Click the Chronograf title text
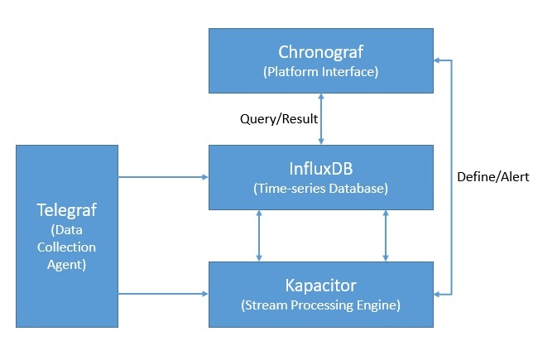[x=320, y=52]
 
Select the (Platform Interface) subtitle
[x=320, y=71]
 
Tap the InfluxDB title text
[x=320, y=169]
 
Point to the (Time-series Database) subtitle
[x=320, y=189]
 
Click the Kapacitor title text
[x=320, y=286]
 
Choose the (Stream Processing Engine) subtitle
[x=320, y=305]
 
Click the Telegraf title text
[x=67, y=208]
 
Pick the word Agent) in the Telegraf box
[x=67, y=266]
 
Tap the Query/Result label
[x=279, y=118]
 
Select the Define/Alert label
[x=492, y=176]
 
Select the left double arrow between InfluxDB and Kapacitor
[x=260, y=235]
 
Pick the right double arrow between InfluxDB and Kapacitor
[x=385, y=235]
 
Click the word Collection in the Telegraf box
[x=67, y=247]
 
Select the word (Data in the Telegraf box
[x=67, y=228]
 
